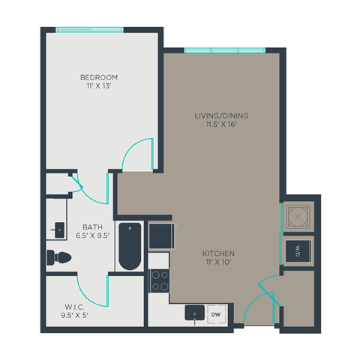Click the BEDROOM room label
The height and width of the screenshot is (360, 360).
(99, 77)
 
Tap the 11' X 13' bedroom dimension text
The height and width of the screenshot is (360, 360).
(99, 87)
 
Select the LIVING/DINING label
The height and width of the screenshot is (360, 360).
(221, 115)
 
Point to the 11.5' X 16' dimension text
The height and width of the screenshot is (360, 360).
(221, 125)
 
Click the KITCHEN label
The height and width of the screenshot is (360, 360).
(219, 253)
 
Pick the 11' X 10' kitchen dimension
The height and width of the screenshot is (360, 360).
(219, 263)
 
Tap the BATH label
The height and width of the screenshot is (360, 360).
(92, 226)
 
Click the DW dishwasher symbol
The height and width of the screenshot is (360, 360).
(214, 314)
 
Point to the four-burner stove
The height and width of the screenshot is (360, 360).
(160, 280)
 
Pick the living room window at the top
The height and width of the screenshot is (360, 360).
(224, 50)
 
